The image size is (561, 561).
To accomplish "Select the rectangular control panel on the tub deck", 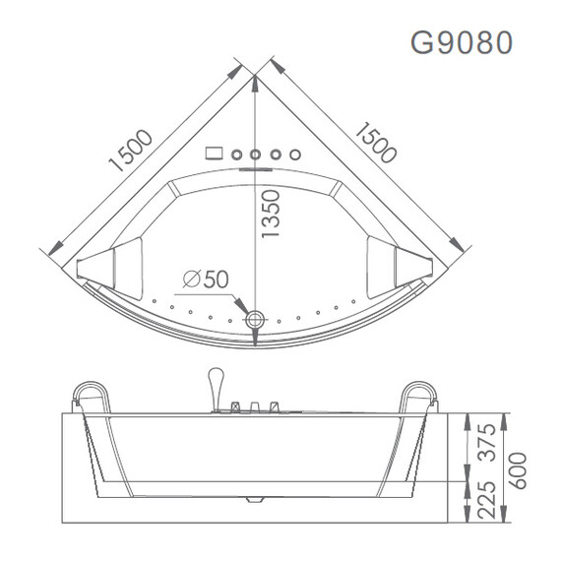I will [215, 154].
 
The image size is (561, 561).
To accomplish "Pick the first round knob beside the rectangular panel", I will [239, 154].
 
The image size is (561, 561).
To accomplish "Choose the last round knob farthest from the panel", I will [291, 154].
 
